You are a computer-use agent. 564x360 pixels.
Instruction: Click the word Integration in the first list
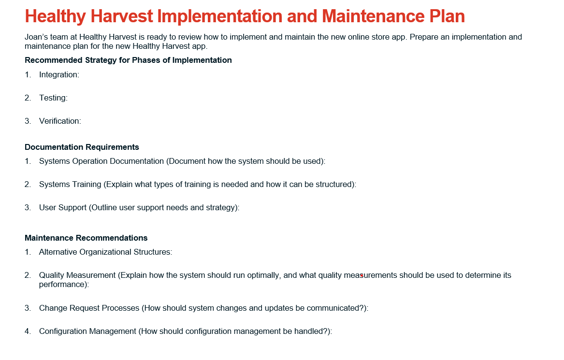pyautogui.click(x=59, y=75)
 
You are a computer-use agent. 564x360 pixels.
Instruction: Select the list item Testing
pyautogui.click(x=53, y=98)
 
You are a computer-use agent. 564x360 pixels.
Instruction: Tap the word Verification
pyautogui.click(x=60, y=121)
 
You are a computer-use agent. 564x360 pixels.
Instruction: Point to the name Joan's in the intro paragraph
pyautogui.click(x=35, y=37)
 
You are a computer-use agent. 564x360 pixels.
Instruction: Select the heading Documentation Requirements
pyautogui.click(x=82, y=147)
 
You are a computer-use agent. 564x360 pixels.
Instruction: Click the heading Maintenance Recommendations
pyautogui.click(x=86, y=238)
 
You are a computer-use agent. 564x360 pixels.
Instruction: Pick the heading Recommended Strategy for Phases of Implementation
pyautogui.click(x=128, y=60)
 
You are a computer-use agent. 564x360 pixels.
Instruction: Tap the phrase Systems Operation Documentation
pyautogui.click(x=101, y=161)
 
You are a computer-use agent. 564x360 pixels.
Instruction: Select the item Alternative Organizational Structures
pyautogui.click(x=105, y=252)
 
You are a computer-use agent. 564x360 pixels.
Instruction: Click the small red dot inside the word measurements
pyautogui.click(x=362, y=275)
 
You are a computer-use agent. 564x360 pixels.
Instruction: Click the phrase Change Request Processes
pyautogui.click(x=89, y=308)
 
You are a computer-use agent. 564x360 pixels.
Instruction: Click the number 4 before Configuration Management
pyautogui.click(x=28, y=331)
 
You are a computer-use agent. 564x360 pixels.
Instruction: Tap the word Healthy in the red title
pyautogui.click(x=56, y=16)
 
